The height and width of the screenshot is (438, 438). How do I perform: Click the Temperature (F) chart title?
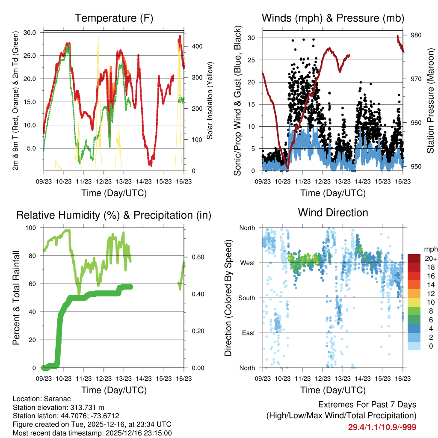pos(113,18)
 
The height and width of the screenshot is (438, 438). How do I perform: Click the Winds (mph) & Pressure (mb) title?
pos(333,18)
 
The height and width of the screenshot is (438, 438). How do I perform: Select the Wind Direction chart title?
pos(333,213)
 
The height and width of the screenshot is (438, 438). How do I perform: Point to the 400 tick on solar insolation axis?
pos(191,46)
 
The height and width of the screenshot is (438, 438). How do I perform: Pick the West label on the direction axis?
pos(247,263)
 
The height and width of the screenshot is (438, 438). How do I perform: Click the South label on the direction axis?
pos(246,298)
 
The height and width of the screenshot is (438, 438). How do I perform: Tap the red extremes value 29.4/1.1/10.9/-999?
pos(382,427)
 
